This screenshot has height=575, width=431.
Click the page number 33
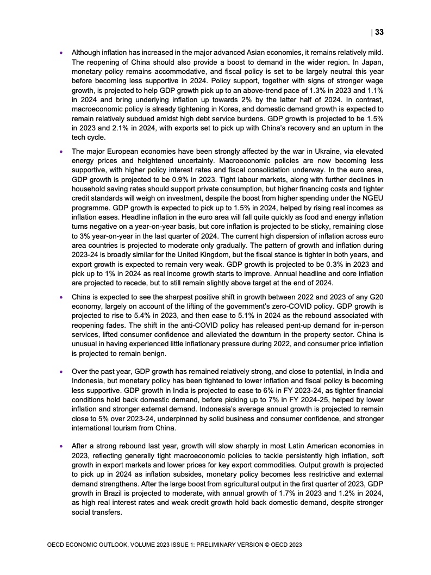[379, 32]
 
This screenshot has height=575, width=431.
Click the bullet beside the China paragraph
[61, 298]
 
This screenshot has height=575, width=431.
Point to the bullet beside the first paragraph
[61, 53]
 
